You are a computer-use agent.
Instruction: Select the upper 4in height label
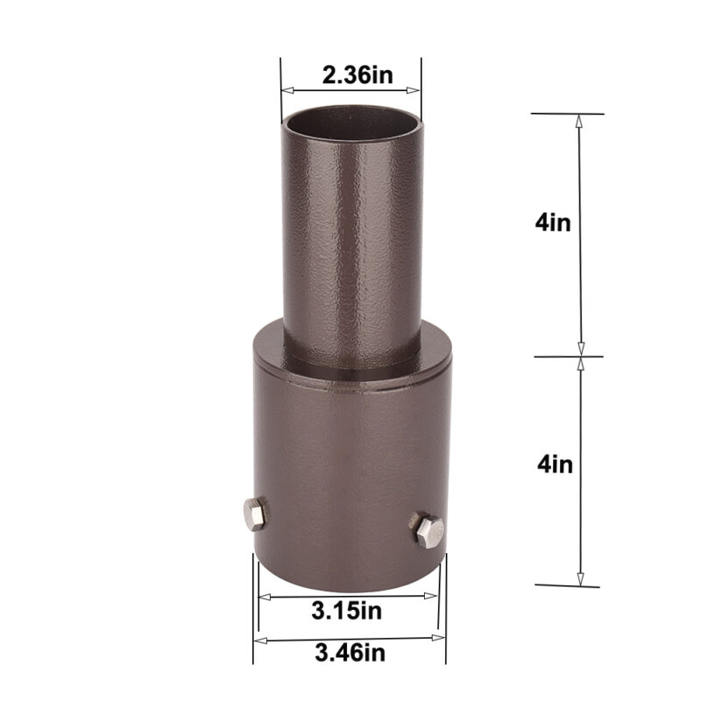click(x=553, y=222)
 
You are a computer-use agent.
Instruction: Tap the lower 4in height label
click(x=555, y=463)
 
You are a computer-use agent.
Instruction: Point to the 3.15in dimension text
click(x=348, y=608)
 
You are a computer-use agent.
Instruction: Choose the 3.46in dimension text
click(x=348, y=651)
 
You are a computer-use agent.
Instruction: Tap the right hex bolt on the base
click(x=428, y=531)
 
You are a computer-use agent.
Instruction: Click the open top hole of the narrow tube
click(x=351, y=121)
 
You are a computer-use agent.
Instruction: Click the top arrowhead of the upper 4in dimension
click(x=578, y=121)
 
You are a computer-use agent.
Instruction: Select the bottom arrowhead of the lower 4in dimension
click(x=579, y=579)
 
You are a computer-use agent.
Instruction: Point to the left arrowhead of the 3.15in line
click(x=263, y=597)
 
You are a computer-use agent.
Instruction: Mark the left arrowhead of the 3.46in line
click(x=258, y=639)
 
